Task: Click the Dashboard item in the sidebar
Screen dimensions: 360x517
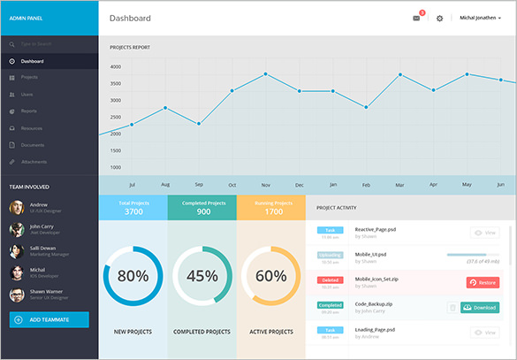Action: [33, 61]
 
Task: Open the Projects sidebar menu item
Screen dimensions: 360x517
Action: [29, 78]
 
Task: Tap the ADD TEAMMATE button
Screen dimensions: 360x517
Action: [49, 319]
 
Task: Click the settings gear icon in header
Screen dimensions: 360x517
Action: [439, 18]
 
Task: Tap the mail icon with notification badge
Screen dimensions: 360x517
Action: [417, 18]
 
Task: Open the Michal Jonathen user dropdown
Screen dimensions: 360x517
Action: [480, 18]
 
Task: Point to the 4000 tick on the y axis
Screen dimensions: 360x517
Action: [116, 66]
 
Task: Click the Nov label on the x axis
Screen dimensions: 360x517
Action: [265, 185]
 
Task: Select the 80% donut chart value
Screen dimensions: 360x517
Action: [133, 275]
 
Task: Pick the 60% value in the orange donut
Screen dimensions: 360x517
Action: [270, 275]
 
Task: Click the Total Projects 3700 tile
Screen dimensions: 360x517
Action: [133, 207]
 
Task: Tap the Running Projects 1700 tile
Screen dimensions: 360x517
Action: [271, 207]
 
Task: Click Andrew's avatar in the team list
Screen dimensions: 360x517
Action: [17, 208]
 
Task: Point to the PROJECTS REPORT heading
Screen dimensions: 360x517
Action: [129, 47]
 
